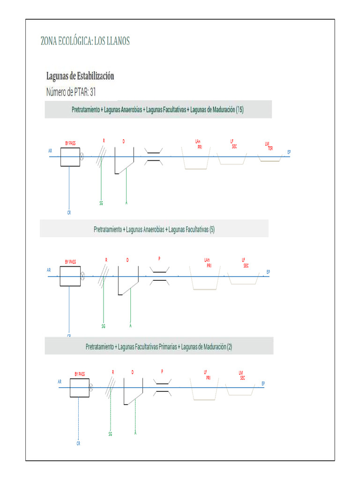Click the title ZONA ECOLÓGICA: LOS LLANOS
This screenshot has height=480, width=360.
(x=85, y=41)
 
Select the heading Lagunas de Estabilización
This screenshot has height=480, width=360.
(x=80, y=76)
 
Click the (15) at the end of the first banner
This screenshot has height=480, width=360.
(x=240, y=110)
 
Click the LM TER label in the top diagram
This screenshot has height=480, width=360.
(x=269, y=146)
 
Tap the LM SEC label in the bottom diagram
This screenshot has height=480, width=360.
(x=241, y=375)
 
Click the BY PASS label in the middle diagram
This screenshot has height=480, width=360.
(x=70, y=262)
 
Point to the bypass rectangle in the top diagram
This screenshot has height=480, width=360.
(x=69, y=157)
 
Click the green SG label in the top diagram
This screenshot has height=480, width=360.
(x=101, y=203)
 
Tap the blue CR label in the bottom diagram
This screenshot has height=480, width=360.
(x=78, y=443)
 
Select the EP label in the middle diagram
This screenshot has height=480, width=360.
(x=268, y=272)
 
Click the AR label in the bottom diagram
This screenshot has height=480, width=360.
(x=60, y=382)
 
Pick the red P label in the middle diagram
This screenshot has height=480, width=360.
(x=159, y=258)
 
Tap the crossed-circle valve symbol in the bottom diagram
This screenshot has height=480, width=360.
(x=91, y=387)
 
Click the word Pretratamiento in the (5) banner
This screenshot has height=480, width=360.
(x=107, y=229)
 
